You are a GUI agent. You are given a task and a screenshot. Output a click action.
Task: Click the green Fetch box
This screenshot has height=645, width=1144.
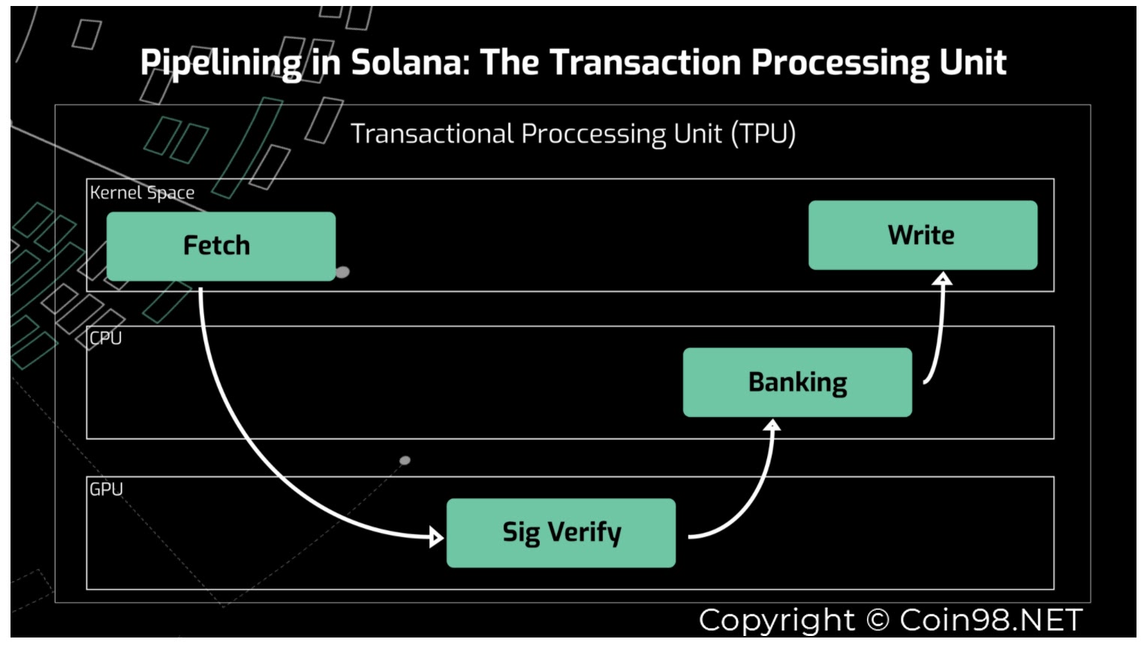[221, 247]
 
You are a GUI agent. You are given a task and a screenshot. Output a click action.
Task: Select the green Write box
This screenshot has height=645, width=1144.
[923, 235]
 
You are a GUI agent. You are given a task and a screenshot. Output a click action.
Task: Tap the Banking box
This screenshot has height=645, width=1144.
[797, 382]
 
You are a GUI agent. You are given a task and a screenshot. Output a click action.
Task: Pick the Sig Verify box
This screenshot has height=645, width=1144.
[561, 532]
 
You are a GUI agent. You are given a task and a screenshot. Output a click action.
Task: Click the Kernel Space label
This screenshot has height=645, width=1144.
[142, 193]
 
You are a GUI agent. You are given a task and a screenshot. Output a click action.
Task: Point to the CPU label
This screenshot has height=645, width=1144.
[106, 338]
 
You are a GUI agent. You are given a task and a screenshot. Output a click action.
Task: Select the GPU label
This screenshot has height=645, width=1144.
[107, 489]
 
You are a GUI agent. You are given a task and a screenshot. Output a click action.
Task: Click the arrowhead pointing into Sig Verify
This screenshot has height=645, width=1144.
[436, 537]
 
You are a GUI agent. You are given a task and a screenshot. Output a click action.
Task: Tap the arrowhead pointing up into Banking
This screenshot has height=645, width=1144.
[772, 425]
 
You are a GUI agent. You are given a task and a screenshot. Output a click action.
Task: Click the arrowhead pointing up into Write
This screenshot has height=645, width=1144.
[942, 278]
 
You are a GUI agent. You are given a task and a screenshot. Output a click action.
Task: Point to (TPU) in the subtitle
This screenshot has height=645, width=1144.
[763, 133]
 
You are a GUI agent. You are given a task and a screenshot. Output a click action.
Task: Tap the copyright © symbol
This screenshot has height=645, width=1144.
[878, 620]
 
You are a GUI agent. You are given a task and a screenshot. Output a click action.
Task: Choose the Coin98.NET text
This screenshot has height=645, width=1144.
[991, 620]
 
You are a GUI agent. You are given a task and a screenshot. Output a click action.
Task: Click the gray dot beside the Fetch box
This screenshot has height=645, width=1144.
[342, 272]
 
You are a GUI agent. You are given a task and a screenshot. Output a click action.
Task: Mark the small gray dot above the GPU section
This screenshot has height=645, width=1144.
[405, 460]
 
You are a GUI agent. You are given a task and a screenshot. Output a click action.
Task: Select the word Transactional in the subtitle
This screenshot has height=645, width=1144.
[432, 133]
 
